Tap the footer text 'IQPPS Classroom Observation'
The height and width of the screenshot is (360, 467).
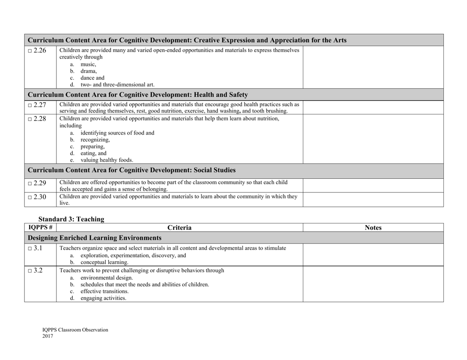[75, 330]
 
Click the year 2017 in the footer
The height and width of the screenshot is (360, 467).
[48, 336]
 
